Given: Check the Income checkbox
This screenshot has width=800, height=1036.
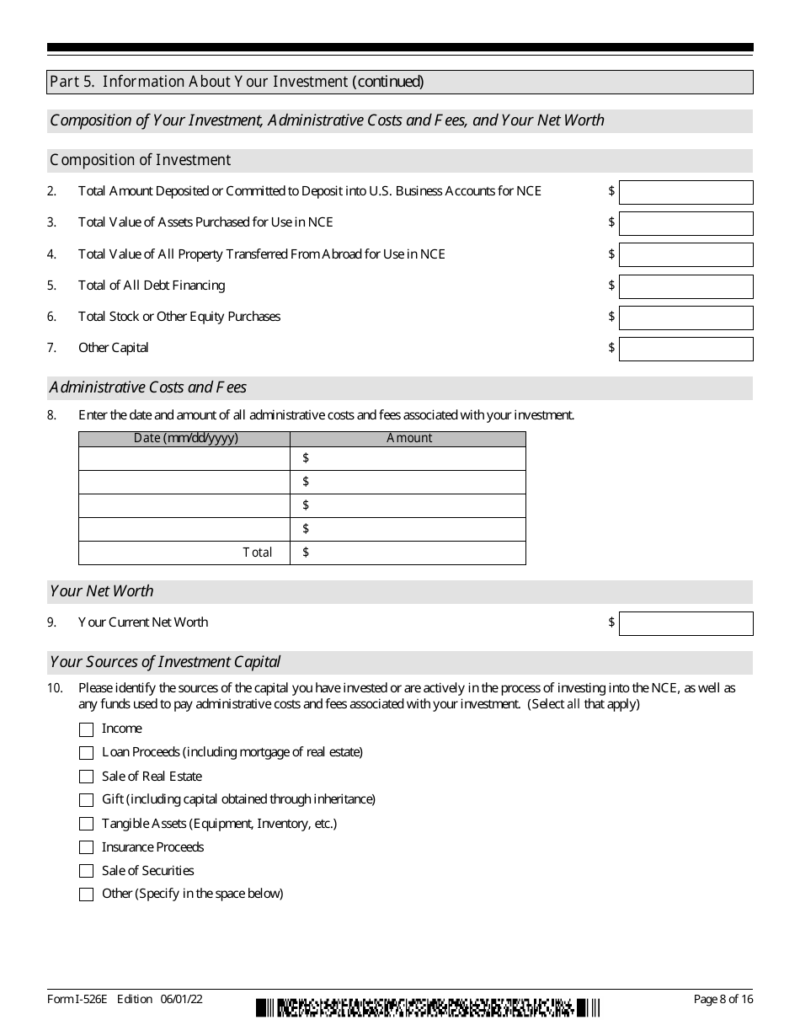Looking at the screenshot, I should tap(86, 729).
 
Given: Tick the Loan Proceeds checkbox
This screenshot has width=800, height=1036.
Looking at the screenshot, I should tap(86, 753).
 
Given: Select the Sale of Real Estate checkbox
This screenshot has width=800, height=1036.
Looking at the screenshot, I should tap(86, 777).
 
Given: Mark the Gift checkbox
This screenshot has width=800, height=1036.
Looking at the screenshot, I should tap(86, 800).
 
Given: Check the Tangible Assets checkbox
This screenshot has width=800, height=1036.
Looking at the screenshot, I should tap(86, 824).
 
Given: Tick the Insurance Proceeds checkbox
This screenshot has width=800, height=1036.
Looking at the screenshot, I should tap(86, 847).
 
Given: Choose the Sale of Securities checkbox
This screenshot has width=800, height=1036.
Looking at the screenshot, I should tap(86, 871).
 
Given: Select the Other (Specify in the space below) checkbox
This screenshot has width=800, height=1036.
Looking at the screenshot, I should tap(86, 894).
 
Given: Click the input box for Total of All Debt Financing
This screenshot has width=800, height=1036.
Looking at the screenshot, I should tap(685, 286).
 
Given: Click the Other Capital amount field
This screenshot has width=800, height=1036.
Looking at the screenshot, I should tap(685, 349).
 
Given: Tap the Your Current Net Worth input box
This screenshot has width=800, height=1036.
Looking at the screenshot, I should tap(685, 623).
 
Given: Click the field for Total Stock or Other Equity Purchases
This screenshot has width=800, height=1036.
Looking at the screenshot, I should tap(685, 318).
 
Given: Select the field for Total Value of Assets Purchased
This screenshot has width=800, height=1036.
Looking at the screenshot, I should tap(685, 223).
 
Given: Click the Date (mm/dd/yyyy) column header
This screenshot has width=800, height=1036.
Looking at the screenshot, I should tap(184, 439).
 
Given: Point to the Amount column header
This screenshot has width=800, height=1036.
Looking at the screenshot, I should tap(408, 439).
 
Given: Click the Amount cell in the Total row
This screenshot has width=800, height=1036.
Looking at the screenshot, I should tap(408, 553).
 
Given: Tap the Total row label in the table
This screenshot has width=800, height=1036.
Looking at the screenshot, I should tap(258, 553).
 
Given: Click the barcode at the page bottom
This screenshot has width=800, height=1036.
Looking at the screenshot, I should tap(428, 1007).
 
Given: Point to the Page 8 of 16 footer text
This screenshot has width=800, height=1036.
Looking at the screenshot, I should tap(723, 999).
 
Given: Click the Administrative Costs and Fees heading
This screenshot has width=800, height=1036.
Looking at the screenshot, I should tap(148, 388).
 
